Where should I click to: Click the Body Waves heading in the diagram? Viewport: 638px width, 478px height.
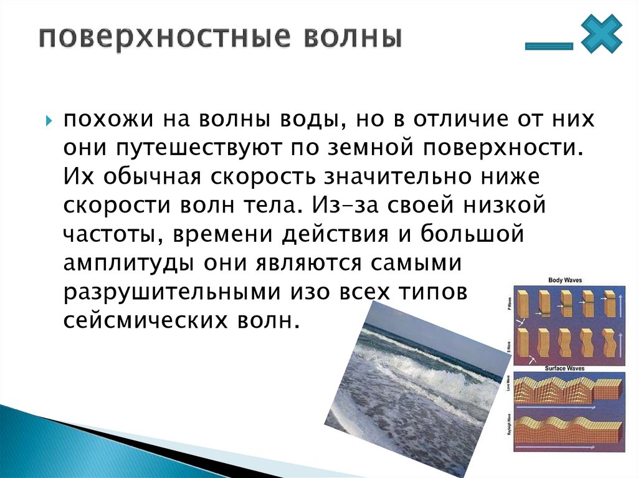[564, 281]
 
